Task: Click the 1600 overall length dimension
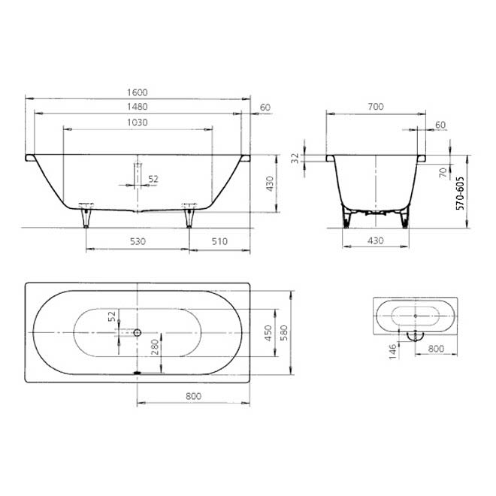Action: pos(138,92)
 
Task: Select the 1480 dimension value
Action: pos(138,107)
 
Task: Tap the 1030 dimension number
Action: pos(138,122)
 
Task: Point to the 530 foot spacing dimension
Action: pos(138,242)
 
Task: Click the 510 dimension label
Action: pos(219,242)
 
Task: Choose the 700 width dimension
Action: pos(376,107)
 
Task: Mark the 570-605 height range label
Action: pos(460,193)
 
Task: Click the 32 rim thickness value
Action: pos(295,158)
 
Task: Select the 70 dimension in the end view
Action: pos(443,172)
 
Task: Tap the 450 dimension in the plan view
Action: pos(268,333)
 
